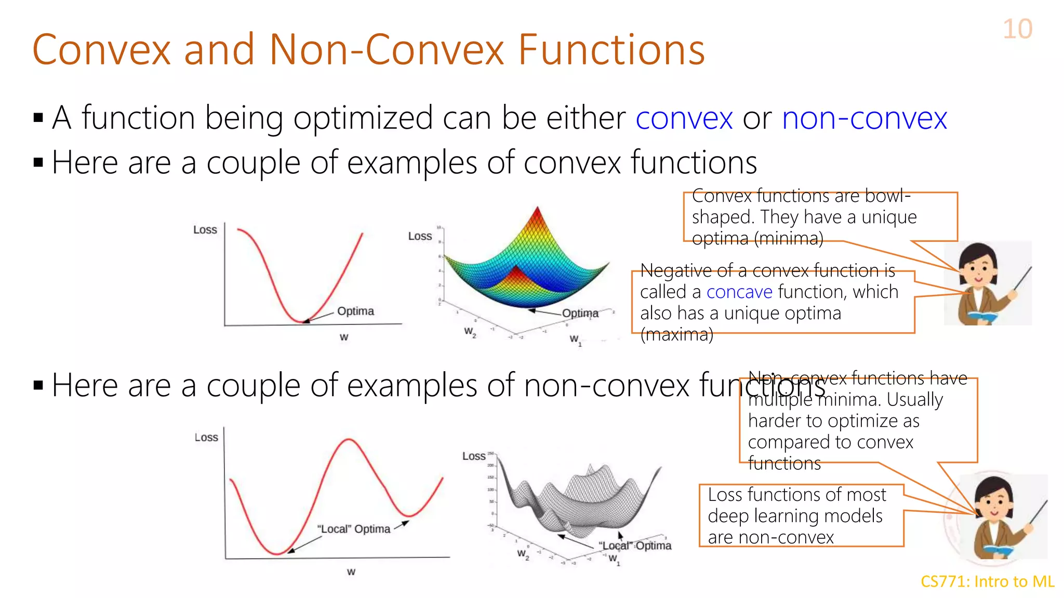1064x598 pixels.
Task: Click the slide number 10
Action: click(x=1017, y=29)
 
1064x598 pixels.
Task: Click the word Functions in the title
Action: click(x=611, y=50)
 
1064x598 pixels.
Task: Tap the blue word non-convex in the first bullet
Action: click(x=864, y=118)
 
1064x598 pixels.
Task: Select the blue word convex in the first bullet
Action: click(x=684, y=118)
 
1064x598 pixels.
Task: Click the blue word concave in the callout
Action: click(x=739, y=292)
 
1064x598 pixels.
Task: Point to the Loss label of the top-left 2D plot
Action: click(x=205, y=229)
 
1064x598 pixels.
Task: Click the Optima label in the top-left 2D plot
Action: click(x=355, y=311)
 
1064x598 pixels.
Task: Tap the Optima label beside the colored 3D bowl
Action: click(x=580, y=313)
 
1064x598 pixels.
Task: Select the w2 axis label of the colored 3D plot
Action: click(x=470, y=332)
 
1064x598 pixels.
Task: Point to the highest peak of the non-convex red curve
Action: click(x=349, y=440)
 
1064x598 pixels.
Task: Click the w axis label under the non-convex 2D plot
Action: click(x=351, y=572)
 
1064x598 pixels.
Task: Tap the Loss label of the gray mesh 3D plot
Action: click(x=474, y=456)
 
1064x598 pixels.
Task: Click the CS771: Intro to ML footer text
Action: click(x=987, y=581)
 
